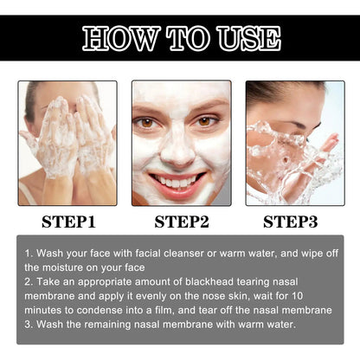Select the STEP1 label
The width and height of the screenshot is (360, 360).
pos(67,222)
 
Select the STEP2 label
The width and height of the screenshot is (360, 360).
pos(182,222)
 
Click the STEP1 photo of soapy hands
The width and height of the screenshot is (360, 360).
pos(67,143)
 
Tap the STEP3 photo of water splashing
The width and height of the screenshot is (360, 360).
pos(294,143)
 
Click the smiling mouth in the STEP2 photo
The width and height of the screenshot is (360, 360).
pos(180,181)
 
